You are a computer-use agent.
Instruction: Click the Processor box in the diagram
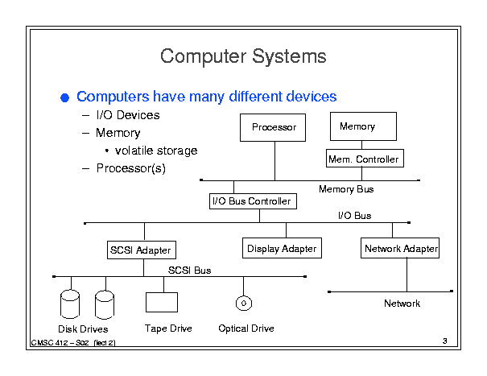tap(273, 127)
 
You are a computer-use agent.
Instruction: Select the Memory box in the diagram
tap(363, 126)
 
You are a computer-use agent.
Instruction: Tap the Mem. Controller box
tap(365, 158)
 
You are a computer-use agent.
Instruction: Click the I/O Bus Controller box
tap(253, 201)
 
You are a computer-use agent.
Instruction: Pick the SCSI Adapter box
tap(142, 250)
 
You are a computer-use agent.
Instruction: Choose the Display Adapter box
tap(282, 248)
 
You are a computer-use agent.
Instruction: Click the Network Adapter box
tap(400, 248)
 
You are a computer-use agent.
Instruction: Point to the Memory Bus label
tap(346, 189)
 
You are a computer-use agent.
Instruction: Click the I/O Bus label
tap(354, 215)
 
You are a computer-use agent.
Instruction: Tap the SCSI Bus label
tap(189, 271)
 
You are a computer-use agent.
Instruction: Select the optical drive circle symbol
tap(244, 303)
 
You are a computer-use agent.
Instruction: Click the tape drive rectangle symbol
tap(162, 302)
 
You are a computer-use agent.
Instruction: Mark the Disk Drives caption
tap(83, 328)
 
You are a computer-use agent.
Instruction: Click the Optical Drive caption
tap(246, 328)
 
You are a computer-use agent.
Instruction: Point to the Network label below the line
tap(402, 304)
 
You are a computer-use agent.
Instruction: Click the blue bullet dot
tap(65, 98)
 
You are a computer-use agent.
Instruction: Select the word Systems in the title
tap(289, 56)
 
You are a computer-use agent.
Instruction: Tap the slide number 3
tap(445, 341)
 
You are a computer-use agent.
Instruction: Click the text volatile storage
tap(156, 151)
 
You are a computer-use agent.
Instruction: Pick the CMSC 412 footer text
tap(73, 343)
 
